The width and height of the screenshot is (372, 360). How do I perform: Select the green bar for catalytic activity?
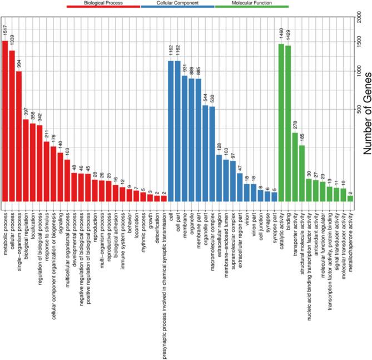click(x=281, y=122)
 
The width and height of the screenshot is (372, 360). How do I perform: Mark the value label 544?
click(x=205, y=98)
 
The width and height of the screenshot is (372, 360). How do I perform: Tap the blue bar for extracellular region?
click(x=219, y=178)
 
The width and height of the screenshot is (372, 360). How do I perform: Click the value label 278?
click(x=295, y=125)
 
